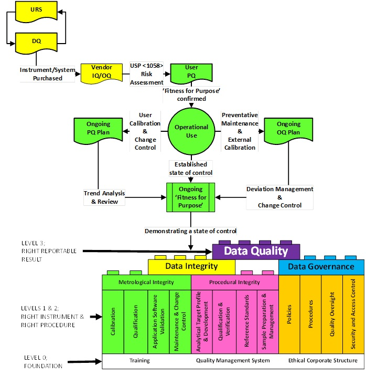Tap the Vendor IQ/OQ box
pyautogui.click(x=102, y=72)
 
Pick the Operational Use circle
pyautogui.click(x=191, y=131)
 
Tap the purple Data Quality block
pyautogui.click(x=256, y=251)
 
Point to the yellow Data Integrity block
pyautogui.click(x=191, y=267)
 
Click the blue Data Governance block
pyautogui.click(x=321, y=267)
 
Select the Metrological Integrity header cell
pyautogui.click(x=145, y=282)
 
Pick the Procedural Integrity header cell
pyautogui.click(x=234, y=282)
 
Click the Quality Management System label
pyautogui.click(x=233, y=361)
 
